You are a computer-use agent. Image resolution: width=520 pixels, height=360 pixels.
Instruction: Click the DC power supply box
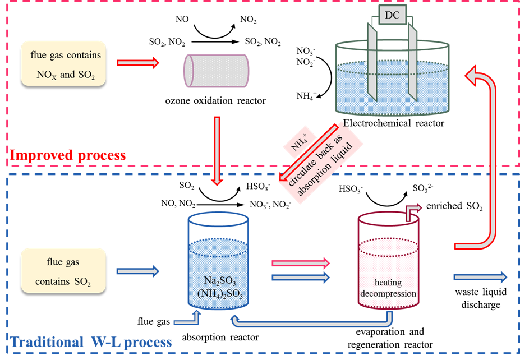coord(393,15)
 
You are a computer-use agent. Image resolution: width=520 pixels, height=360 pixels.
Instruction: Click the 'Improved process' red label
coord(68,155)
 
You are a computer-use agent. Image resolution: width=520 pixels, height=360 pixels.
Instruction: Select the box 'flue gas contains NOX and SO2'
coord(63,63)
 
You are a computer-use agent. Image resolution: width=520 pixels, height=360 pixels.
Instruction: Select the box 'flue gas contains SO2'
coord(63,271)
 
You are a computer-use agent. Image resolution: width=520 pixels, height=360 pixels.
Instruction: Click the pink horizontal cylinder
coord(216,71)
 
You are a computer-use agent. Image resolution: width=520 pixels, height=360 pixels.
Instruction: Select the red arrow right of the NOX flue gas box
coord(138,63)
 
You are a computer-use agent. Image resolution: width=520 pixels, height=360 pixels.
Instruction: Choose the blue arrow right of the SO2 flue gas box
coord(138,271)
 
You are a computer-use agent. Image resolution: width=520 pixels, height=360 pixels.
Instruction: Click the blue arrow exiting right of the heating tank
coord(480,276)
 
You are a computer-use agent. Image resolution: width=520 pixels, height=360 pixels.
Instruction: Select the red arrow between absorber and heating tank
coord(301,262)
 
